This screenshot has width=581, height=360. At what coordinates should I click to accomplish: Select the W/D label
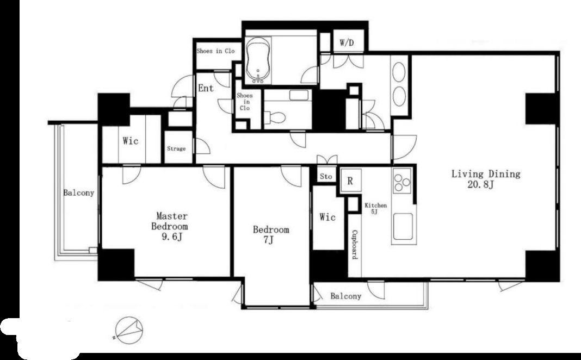347,43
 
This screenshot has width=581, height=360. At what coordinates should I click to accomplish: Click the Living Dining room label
486,179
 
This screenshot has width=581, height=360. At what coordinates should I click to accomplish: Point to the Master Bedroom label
170,226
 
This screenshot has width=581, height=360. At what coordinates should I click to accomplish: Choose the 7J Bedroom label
271,235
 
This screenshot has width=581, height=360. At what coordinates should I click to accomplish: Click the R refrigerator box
350,181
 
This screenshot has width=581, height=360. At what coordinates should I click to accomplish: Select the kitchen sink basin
403,227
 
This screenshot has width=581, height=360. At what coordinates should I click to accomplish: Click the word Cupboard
355,245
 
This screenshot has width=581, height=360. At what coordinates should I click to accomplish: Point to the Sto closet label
326,177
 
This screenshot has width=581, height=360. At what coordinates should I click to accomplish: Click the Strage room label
176,148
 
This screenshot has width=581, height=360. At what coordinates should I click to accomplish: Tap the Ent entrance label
206,88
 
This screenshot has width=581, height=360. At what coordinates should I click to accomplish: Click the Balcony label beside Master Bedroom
78,193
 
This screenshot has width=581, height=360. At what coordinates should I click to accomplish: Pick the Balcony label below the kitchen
345,296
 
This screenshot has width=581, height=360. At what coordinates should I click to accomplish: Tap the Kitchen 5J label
376,208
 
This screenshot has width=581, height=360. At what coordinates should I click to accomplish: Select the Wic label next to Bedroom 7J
327,217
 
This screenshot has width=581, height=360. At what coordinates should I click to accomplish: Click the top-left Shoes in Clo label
215,51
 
